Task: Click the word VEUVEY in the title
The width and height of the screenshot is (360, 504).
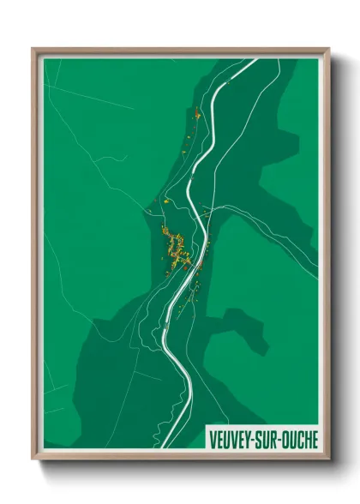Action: tap(231, 438)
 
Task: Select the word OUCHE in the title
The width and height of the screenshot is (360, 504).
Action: tap(299, 438)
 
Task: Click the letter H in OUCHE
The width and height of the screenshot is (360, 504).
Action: tap(305, 438)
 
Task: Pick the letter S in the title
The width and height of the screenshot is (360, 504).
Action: tap(260, 438)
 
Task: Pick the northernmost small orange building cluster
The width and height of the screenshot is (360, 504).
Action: tap(197, 112)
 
